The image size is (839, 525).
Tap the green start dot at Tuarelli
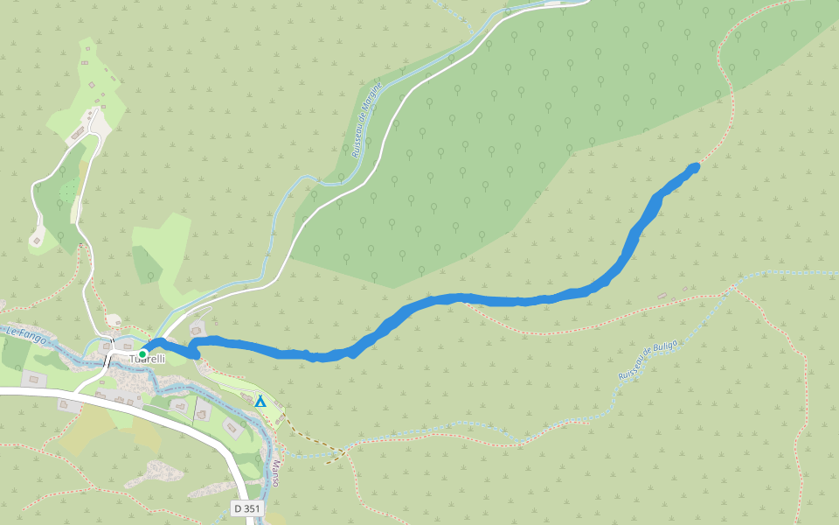(x=142, y=353)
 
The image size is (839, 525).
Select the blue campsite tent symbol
(x=260, y=402)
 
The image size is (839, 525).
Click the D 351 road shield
(x=246, y=508)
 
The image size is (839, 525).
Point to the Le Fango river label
(x=24, y=332)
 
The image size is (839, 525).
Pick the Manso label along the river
(x=274, y=473)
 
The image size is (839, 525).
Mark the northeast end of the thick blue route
(x=695, y=166)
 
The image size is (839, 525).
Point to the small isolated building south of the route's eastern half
(x=662, y=296)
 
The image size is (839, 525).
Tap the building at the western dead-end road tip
(x=37, y=239)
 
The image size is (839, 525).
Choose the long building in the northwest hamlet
(x=78, y=133)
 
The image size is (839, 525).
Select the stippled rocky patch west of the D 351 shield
(x=157, y=472)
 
